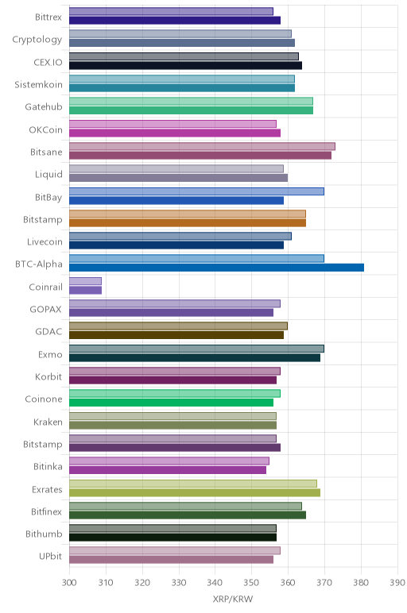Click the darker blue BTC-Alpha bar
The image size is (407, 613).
tap(216, 268)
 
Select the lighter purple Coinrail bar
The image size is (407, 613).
tap(85, 281)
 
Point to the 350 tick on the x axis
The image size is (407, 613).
tap(251, 583)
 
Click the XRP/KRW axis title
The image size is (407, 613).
tap(233, 599)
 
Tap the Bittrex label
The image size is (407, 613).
tap(48, 17)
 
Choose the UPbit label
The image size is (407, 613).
tap(50, 556)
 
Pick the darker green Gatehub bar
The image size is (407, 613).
tap(191, 110)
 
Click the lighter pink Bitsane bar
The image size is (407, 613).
tap(203, 146)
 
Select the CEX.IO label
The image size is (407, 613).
tap(48, 63)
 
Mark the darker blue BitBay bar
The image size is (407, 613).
tap(176, 200)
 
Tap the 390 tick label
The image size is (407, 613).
tap(397, 583)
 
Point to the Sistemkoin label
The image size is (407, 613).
tap(38, 85)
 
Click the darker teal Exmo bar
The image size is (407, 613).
tap(195, 357)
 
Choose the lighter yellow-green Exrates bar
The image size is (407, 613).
tap(193, 484)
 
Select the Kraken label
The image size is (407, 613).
tap(48, 422)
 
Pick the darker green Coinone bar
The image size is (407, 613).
tap(171, 403)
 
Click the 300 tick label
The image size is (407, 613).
tap(69, 583)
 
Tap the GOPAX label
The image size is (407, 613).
tap(46, 310)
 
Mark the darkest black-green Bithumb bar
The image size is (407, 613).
tap(173, 537)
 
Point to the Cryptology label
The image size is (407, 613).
tap(37, 40)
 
